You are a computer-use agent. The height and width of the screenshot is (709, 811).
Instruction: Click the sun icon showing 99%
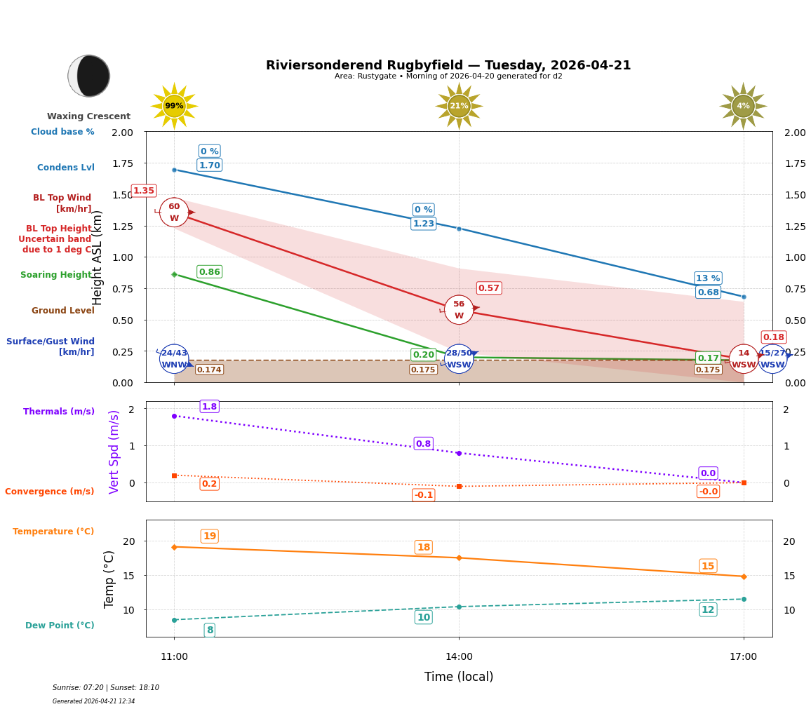tap(174, 106)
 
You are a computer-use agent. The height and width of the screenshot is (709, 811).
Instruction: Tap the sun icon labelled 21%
tap(459, 106)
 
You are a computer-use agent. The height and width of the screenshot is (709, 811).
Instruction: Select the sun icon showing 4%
tap(743, 106)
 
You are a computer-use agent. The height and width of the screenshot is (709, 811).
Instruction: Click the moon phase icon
tap(89, 76)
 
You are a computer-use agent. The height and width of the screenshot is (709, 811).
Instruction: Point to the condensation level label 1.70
tap(209, 166)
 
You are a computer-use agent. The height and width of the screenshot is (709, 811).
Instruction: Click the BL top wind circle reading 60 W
tap(174, 212)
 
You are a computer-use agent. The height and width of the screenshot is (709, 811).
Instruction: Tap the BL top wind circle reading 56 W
tap(459, 309)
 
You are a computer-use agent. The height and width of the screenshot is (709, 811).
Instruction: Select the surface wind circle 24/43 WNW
tap(174, 358)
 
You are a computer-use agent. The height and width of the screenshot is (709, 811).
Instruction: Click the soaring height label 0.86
tap(209, 272)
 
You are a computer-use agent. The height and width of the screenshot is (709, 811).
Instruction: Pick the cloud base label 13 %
tap(708, 278)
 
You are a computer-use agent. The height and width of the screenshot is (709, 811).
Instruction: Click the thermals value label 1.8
tap(209, 407)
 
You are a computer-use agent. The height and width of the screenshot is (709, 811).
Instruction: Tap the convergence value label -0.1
tap(423, 495)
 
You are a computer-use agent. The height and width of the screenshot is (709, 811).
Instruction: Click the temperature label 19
tap(209, 536)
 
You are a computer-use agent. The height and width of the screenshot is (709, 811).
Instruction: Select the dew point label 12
tap(708, 609)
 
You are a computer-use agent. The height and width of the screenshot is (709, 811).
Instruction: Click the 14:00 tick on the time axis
tap(459, 657)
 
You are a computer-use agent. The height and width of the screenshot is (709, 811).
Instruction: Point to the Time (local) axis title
tap(459, 677)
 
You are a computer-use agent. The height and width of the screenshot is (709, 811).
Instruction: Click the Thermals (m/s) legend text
tap(59, 412)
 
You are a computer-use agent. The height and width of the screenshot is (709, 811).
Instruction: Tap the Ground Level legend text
tap(63, 311)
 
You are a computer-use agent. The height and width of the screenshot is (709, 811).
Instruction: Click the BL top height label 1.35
tap(144, 191)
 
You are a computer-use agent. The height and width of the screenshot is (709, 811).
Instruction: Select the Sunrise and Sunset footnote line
tap(106, 688)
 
